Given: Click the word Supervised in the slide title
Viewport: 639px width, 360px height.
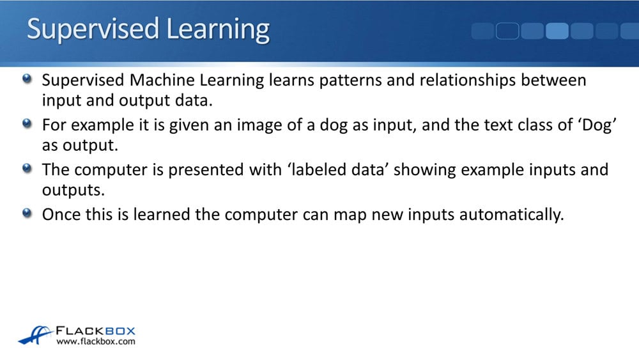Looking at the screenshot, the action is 93,29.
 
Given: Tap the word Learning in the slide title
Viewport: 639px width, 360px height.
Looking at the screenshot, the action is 218,29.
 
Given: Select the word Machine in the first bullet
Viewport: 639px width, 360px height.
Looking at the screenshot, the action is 162,80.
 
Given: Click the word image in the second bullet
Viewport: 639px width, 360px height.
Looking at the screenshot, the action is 259,125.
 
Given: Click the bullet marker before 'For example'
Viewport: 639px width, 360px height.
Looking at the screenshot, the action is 27,123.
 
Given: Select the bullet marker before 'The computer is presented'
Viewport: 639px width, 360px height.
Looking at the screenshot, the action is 27,168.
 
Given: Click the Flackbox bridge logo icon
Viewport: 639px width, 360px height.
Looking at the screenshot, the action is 35,334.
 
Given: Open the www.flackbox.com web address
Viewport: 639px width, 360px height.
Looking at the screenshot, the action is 96,341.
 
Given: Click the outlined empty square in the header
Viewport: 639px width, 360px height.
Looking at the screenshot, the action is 507,31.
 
